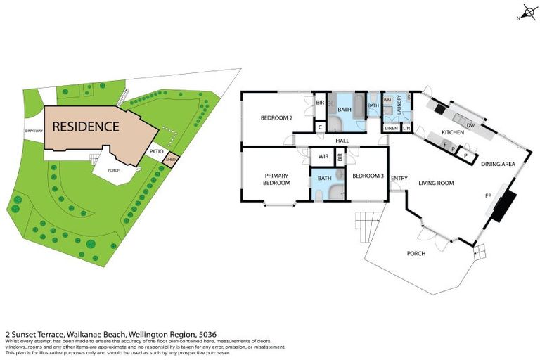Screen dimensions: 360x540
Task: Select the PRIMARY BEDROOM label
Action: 277,179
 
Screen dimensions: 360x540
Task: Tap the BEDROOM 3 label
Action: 368,176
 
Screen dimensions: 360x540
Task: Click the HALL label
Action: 342,141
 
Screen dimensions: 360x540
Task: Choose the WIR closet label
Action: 323,156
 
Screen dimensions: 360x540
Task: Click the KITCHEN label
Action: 452,133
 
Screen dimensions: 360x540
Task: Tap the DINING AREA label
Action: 499,165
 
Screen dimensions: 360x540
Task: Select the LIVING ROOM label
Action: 436,183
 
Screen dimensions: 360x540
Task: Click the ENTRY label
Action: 399,178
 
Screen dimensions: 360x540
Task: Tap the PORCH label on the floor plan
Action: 416,253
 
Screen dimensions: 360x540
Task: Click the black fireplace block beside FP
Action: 504,204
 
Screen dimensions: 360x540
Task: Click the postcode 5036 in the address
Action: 207,335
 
